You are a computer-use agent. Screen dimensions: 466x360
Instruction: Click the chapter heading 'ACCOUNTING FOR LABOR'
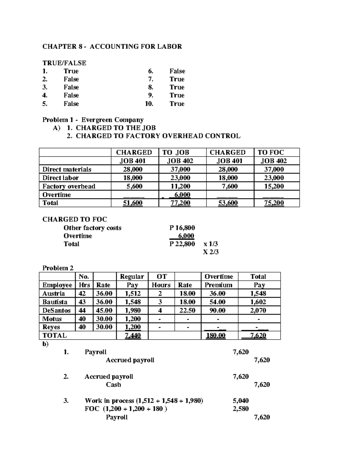point(136,47)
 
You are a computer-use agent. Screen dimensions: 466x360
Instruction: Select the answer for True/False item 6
point(177,71)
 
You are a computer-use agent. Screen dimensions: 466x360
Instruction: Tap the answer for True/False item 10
point(177,104)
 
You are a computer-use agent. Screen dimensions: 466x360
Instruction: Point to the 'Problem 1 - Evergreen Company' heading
point(93,120)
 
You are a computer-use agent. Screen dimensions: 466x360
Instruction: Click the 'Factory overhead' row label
point(69,186)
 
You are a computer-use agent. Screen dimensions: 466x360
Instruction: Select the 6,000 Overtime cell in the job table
point(182,195)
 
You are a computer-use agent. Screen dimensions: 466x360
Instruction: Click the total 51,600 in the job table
point(133,203)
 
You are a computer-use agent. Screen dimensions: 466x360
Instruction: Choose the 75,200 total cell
point(274,203)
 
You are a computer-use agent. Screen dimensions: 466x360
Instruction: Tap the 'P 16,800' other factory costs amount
point(182,228)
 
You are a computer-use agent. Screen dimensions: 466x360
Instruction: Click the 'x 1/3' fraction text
point(211,244)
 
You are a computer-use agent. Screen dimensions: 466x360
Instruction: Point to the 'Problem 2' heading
point(58,268)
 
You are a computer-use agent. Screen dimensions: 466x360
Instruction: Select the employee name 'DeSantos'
point(56,310)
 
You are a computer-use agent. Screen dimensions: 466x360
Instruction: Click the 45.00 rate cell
point(104,310)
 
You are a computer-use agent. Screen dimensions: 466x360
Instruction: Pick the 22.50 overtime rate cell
point(187,310)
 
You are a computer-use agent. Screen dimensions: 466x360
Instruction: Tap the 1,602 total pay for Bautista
point(258,302)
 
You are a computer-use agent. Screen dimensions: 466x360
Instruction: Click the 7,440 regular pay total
point(133,335)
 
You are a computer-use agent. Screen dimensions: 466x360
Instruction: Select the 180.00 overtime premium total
point(216,335)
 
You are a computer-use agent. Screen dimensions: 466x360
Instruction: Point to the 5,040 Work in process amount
point(241,401)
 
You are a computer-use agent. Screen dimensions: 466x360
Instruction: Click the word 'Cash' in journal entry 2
point(113,385)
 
